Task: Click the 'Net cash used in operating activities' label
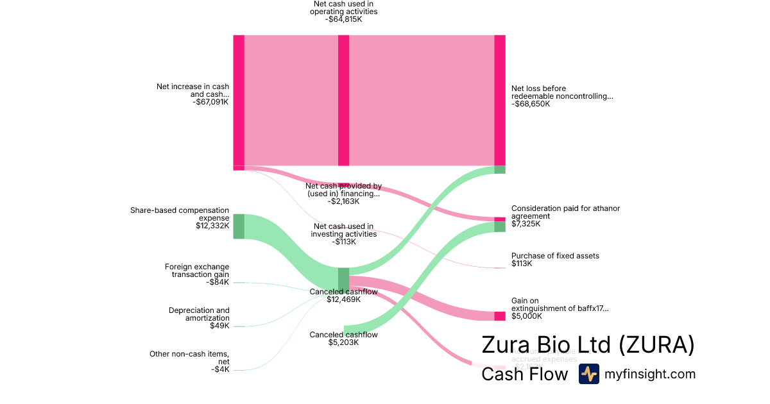(343, 8)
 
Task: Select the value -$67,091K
(210, 101)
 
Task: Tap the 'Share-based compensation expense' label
(180, 214)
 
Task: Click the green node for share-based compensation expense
(238, 226)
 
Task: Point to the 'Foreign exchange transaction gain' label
(196, 271)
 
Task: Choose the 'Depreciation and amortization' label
(199, 314)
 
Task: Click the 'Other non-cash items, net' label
(189, 357)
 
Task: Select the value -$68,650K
(531, 104)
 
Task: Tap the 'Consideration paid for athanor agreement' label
(565, 212)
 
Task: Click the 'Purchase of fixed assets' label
(555, 256)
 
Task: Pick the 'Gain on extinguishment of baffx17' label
(560, 304)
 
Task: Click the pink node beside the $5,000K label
(500, 316)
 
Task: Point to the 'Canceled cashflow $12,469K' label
(343, 295)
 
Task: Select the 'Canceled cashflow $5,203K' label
(343, 338)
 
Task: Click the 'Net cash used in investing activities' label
(343, 230)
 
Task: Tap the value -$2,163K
(343, 201)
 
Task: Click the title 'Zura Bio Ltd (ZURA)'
(588, 345)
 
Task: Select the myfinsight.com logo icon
(588, 374)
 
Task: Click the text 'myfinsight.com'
(650, 375)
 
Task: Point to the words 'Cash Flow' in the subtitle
(524, 375)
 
